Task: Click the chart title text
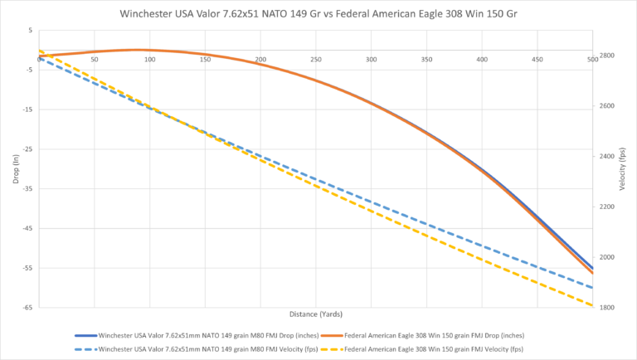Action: [318, 14]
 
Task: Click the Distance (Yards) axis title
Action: [315, 314]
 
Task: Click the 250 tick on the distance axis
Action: [316, 60]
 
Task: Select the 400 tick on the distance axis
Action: [482, 60]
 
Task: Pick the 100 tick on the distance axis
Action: [150, 60]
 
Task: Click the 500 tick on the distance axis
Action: [591, 60]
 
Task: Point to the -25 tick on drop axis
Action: [27, 149]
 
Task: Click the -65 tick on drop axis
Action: [27, 308]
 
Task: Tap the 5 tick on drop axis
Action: [30, 31]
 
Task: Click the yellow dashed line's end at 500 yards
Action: [592, 306]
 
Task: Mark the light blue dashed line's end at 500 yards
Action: [592, 288]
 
